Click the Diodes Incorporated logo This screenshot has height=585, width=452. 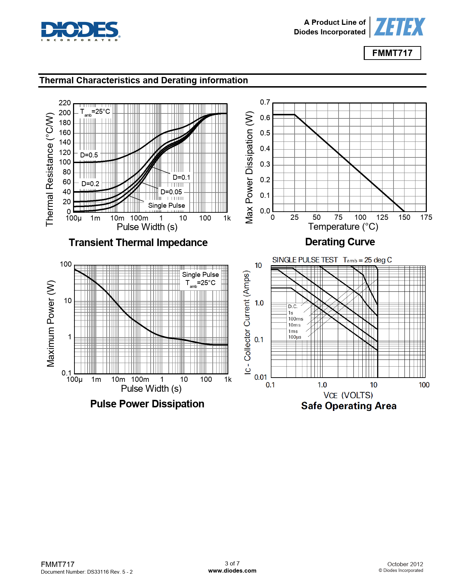coord(80,31)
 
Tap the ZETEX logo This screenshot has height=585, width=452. coord(399,27)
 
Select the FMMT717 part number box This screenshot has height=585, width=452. coord(392,53)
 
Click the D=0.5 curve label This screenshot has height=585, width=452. coord(89,155)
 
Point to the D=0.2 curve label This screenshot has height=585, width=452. coord(90,184)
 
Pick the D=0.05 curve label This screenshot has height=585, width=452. coord(171,192)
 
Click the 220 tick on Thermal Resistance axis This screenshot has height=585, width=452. coord(65,103)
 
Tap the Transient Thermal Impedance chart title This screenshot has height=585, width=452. coord(138,243)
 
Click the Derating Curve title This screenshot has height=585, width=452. coord(340,242)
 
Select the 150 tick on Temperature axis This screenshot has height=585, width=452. coord(404,217)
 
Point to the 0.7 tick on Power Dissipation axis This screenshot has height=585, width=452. coord(265,102)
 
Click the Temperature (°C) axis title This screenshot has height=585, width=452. coord(343,227)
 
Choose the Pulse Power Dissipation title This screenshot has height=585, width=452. coord(147,404)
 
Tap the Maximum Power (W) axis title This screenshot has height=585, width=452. coord(51,323)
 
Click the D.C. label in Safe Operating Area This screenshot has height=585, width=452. coord(292,306)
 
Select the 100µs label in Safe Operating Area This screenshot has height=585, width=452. coord(295,337)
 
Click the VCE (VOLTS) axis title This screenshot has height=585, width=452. coord(348,395)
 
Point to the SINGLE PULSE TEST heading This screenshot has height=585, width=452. coord(305,260)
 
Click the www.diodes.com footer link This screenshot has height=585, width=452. coord(232,570)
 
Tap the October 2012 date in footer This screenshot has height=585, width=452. coord(405,564)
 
